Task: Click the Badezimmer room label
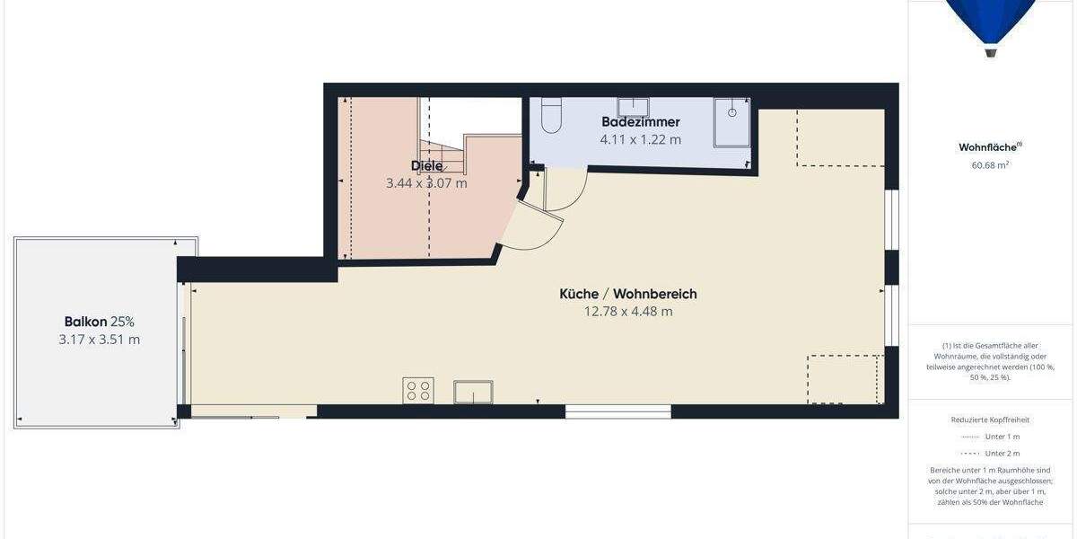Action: (640, 121)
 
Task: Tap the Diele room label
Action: (426, 165)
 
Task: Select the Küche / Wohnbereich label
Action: (627, 294)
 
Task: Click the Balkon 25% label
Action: (99, 322)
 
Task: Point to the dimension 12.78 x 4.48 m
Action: (627, 312)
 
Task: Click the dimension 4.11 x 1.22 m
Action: (640, 139)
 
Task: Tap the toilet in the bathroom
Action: (551, 116)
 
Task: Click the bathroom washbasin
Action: (633, 108)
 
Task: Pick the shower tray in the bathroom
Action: (731, 121)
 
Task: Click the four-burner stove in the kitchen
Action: (418, 390)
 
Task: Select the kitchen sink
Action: (473, 392)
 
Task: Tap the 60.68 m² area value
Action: (990, 164)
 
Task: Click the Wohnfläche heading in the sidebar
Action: (990, 147)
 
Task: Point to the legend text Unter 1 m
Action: (1002, 437)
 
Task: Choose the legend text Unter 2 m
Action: (1002, 454)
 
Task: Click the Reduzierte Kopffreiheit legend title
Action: (990, 420)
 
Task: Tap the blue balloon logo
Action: (991, 23)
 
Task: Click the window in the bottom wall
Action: (618, 411)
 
